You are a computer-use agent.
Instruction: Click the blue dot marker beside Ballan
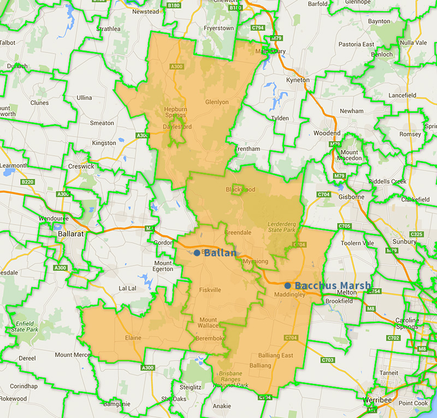197,253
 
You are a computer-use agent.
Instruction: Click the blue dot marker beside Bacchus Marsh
287,285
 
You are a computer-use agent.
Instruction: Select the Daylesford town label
178,127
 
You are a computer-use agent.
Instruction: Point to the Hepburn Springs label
176,113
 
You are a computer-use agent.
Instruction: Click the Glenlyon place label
217,102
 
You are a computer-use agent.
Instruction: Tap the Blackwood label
240,190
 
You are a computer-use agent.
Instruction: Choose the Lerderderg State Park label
281,227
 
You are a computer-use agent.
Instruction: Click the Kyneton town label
298,80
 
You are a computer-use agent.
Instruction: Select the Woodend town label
327,133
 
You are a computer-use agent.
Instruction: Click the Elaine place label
133,338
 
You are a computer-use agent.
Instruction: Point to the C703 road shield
328,360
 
